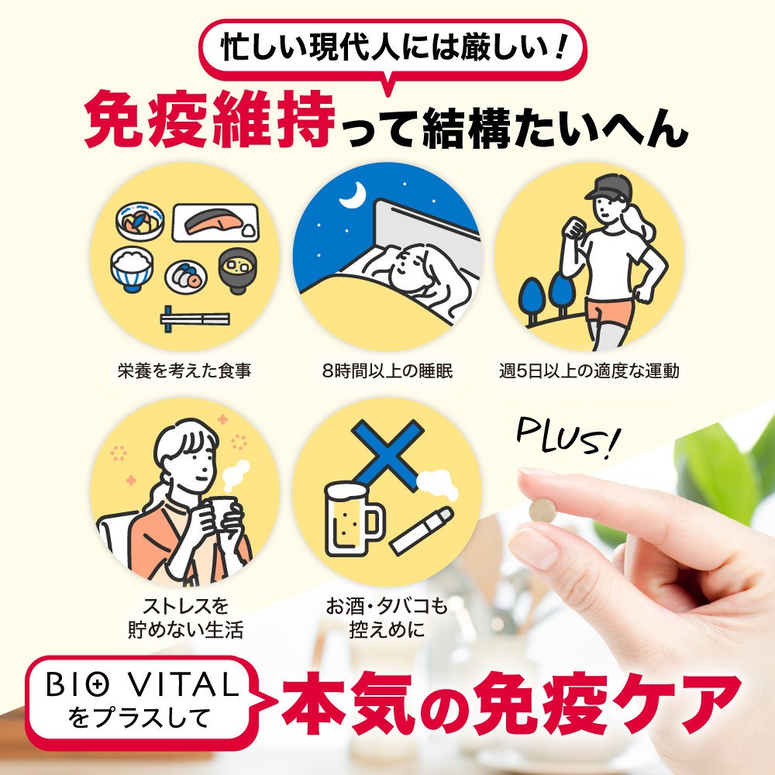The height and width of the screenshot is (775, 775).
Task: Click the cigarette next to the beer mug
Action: [x=421, y=530]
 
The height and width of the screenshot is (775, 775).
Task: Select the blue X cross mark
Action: [x=387, y=455]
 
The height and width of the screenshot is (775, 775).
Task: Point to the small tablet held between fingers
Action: [x=542, y=510]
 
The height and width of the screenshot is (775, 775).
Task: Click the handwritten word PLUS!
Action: [x=567, y=437]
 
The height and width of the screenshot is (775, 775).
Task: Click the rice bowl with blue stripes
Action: [x=132, y=270]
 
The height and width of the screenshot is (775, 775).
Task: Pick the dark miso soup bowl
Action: [x=238, y=270]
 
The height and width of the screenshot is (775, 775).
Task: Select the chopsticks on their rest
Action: [x=195, y=319]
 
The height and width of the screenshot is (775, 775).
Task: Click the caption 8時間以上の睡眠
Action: [x=387, y=370]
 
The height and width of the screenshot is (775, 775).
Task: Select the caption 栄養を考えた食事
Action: [x=184, y=370]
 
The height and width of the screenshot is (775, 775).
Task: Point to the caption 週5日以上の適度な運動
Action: [x=589, y=370]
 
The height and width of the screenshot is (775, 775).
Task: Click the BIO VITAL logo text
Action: [x=143, y=684]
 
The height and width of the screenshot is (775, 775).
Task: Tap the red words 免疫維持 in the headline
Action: [x=209, y=119]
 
